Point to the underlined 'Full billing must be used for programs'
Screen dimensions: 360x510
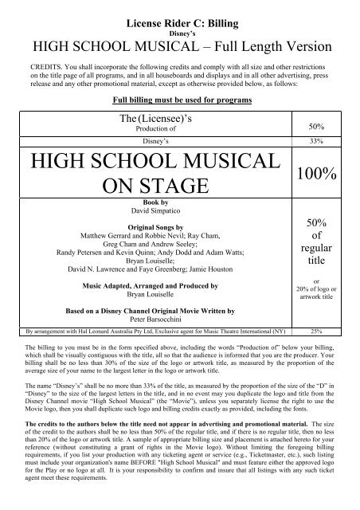click(179, 102)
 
